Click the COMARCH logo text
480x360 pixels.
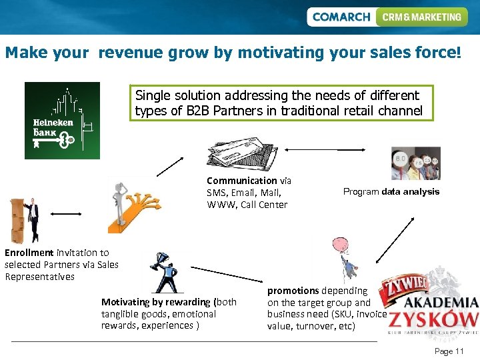(x=341, y=17)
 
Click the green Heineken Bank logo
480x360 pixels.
(x=62, y=121)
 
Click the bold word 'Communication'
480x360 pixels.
(x=241, y=181)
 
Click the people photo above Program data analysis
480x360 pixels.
(x=415, y=164)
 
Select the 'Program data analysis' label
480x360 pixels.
(x=391, y=192)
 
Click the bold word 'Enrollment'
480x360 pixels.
(x=29, y=253)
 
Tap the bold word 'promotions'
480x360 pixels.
(x=293, y=291)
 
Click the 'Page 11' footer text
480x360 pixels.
(x=449, y=351)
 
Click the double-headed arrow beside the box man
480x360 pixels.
(x=66, y=214)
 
